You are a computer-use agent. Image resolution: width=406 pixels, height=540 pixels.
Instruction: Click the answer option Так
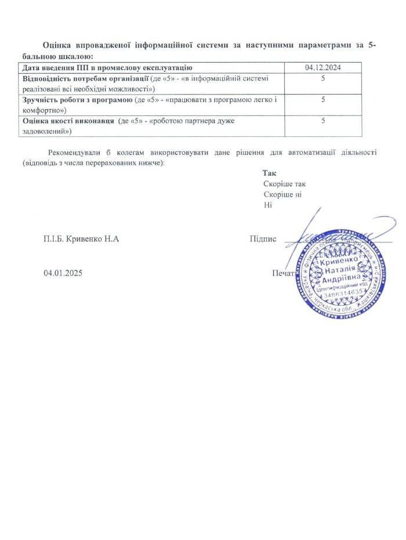[269, 173]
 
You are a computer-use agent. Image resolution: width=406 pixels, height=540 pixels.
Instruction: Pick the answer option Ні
[267, 205]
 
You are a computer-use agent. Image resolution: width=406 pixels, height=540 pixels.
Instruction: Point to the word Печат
[282, 273]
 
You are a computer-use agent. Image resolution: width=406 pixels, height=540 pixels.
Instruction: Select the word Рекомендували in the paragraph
[77, 153]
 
